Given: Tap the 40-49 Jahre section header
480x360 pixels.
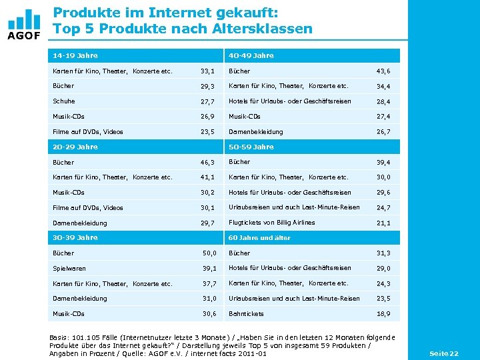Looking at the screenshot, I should coord(251,55).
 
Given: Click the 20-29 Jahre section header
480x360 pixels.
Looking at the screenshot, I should coord(75,147).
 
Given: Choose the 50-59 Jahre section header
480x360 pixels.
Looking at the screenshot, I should coord(251,147).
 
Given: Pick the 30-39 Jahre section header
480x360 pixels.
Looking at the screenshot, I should coord(75,237).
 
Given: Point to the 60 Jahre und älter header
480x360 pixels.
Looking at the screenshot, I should coord(259,237).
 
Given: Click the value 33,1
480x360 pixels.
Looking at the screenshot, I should coord(207,71).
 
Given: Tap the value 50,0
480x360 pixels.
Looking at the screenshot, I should coord(210,253).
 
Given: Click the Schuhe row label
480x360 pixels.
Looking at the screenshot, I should coord(63,101).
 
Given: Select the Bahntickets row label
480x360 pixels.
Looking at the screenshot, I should coord(246,313).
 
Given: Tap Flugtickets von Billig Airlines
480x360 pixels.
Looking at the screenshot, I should coord(271,223).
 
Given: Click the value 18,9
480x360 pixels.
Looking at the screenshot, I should coord(383,313).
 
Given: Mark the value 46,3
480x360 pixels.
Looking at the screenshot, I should coord(207,163).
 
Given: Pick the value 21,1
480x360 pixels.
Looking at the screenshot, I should coord(383,223).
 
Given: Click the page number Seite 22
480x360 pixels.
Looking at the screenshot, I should coord(443,353).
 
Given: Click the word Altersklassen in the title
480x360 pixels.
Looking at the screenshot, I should coord(263,29).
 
